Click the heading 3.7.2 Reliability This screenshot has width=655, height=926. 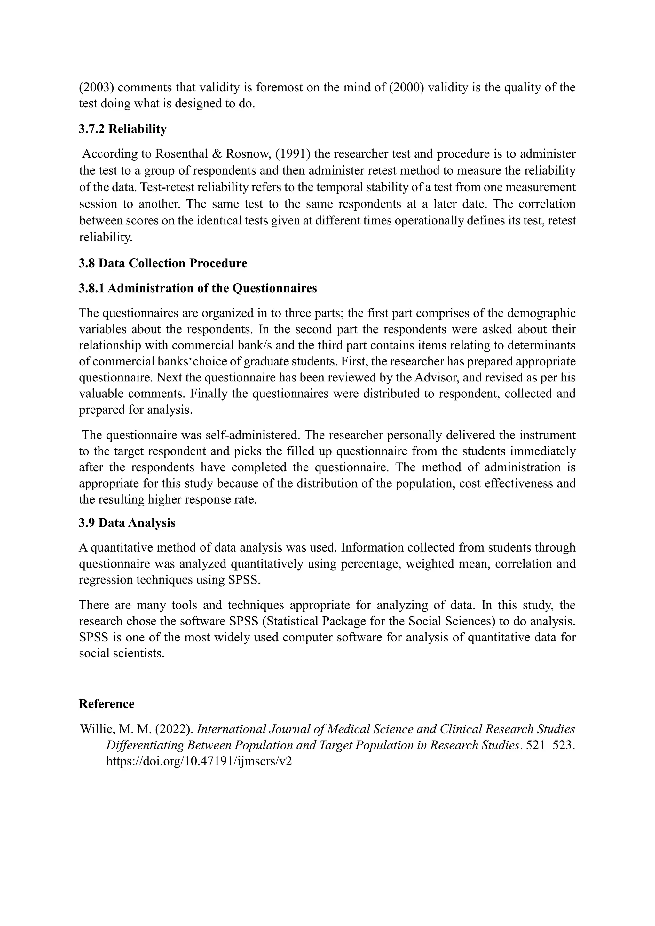pyautogui.click(x=122, y=129)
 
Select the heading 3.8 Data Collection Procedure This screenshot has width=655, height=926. pyautogui.click(x=163, y=263)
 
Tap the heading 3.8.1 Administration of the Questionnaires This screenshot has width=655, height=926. pyautogui.click(x=198, y=288)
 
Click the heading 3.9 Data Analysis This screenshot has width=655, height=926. pyautogui.click(x=127, y=523)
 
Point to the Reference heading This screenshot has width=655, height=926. pyautogui.click(x=107, y=704)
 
